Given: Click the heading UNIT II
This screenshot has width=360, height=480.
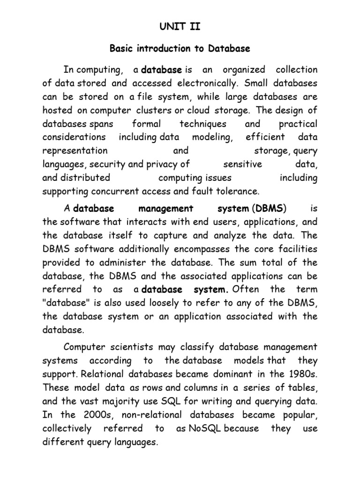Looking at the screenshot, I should click(x=180, y=27).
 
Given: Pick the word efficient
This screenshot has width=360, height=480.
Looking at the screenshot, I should click(x=265, y=137).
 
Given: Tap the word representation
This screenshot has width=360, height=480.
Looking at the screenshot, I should click(x=75, y=151).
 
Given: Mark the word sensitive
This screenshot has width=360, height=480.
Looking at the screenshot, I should click(x=242, y=165).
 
